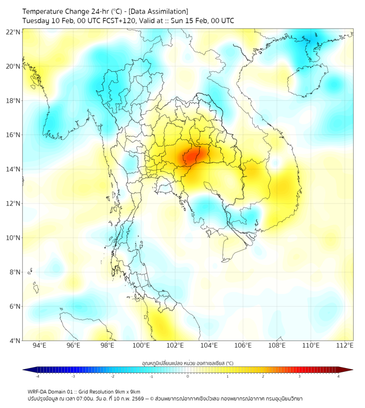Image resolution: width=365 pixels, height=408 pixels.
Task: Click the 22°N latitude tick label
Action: (13, 32)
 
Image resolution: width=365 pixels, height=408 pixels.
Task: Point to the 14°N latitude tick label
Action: (13, 169)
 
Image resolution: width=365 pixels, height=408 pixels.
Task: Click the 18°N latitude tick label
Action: (13, 101)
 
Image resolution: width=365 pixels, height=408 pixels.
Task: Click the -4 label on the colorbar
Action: (37, 377)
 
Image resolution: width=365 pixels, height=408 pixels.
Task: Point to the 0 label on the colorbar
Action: (188, 377)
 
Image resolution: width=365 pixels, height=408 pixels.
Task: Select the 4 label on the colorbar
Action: (339, 377)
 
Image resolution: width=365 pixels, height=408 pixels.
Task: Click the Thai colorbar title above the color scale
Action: (187, 363)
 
